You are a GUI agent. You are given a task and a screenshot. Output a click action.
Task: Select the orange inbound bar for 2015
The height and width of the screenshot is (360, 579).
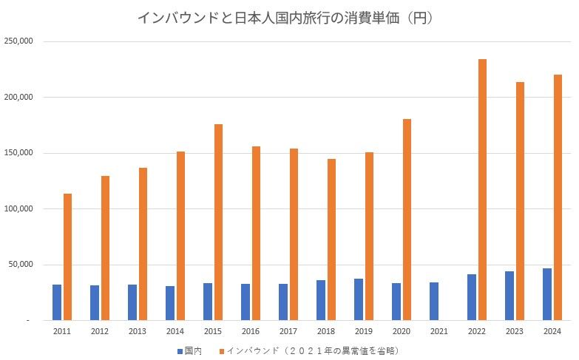(x=218, y=222)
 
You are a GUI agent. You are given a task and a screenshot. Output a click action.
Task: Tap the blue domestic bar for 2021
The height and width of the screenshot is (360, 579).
(x=434, y=301)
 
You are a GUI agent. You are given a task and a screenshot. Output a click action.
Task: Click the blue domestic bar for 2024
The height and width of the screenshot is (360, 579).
(x=547, y=293)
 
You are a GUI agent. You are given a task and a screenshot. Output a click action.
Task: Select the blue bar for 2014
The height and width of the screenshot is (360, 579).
(x=170, y=302)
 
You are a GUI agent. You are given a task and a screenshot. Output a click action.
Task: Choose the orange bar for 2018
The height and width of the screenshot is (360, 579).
(x=331, y=240)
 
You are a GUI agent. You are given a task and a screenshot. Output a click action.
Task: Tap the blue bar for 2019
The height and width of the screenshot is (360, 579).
(x=359, y=299)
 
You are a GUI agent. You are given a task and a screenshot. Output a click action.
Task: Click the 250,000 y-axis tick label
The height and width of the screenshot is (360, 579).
(x=18, y=41)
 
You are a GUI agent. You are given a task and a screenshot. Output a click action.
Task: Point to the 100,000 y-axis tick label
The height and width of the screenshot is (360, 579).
(x=18, y=208)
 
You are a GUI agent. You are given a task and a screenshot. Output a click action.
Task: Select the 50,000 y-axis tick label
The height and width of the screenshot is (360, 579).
(x=20, y=264)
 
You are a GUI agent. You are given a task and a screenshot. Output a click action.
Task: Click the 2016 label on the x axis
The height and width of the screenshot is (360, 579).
(x=251, y=331)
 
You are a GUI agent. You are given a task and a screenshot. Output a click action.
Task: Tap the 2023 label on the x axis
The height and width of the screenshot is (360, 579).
(x=515, y=331)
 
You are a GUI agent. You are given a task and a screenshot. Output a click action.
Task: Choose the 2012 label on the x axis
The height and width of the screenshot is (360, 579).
(x=100, y=331)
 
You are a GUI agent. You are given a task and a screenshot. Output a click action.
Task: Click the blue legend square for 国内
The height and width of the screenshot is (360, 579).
(x=180, y=350)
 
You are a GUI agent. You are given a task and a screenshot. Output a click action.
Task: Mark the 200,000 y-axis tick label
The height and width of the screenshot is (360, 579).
(x=18, y=97)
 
